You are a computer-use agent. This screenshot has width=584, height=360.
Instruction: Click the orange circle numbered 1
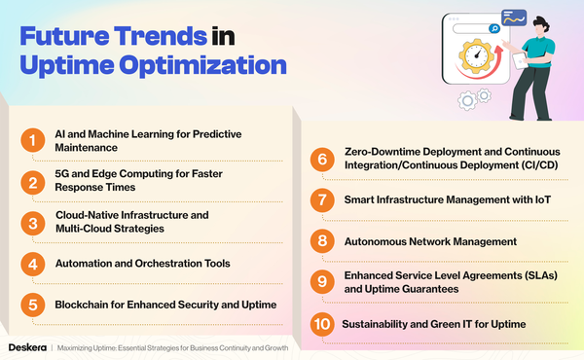pos(34,140)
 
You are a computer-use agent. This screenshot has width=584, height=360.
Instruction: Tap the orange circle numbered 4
pos(34,264)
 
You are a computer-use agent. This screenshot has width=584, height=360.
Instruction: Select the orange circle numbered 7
pos(320,200)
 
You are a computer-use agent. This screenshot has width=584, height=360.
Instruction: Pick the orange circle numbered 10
pos(320,323)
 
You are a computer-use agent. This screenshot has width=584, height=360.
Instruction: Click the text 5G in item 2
pos(61,174)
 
